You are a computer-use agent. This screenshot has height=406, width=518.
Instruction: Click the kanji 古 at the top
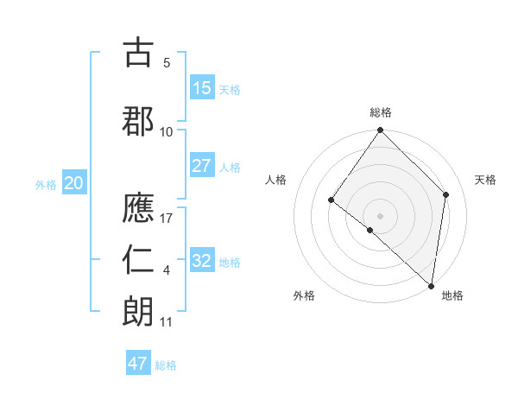pyautogui.click(x=139, y=54)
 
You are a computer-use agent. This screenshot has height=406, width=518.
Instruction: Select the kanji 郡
pyautogui.click(x=139, y=121)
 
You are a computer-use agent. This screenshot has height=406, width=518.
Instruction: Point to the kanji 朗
pyautogui.click(x=139, y=311)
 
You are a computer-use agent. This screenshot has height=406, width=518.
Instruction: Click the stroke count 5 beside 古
pyautogui.click(x=167, y=63)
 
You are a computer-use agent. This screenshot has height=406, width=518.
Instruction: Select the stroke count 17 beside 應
pyautogui.click(x=167, y=219)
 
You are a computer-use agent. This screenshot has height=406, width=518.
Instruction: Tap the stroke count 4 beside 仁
pyautogui.click(x=167, y=271)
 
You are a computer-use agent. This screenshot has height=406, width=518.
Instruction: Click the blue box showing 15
pyautogui.click(x=202, y=88)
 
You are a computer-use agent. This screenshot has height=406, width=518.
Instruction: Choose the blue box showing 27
pyautogui.click(x=202, y=166)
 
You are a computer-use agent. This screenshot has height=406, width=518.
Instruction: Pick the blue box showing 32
pyautogui.click(x=202, y=261)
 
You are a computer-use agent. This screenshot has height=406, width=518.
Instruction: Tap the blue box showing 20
pyautogui.click(x=74, y=183)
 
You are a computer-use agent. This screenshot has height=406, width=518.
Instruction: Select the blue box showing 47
pyautogui.click(x=138, y=364)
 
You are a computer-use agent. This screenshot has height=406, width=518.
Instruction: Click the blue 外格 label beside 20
pyautogui.click(x=46, y=184)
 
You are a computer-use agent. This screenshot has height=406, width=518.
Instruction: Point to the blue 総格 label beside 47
pyautogui.click(x=166, y=365)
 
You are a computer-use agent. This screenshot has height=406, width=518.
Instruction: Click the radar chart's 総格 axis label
pyautogui.click(x=380, y=112)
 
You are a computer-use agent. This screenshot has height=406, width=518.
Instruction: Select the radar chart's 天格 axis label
pyautogui.click(x=486, y=180)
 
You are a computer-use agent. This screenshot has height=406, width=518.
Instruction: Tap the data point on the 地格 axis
pyautogui.click(x=431, y=286)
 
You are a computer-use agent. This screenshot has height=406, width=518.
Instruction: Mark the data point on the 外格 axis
pyautogui.click(x=370, y=230)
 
